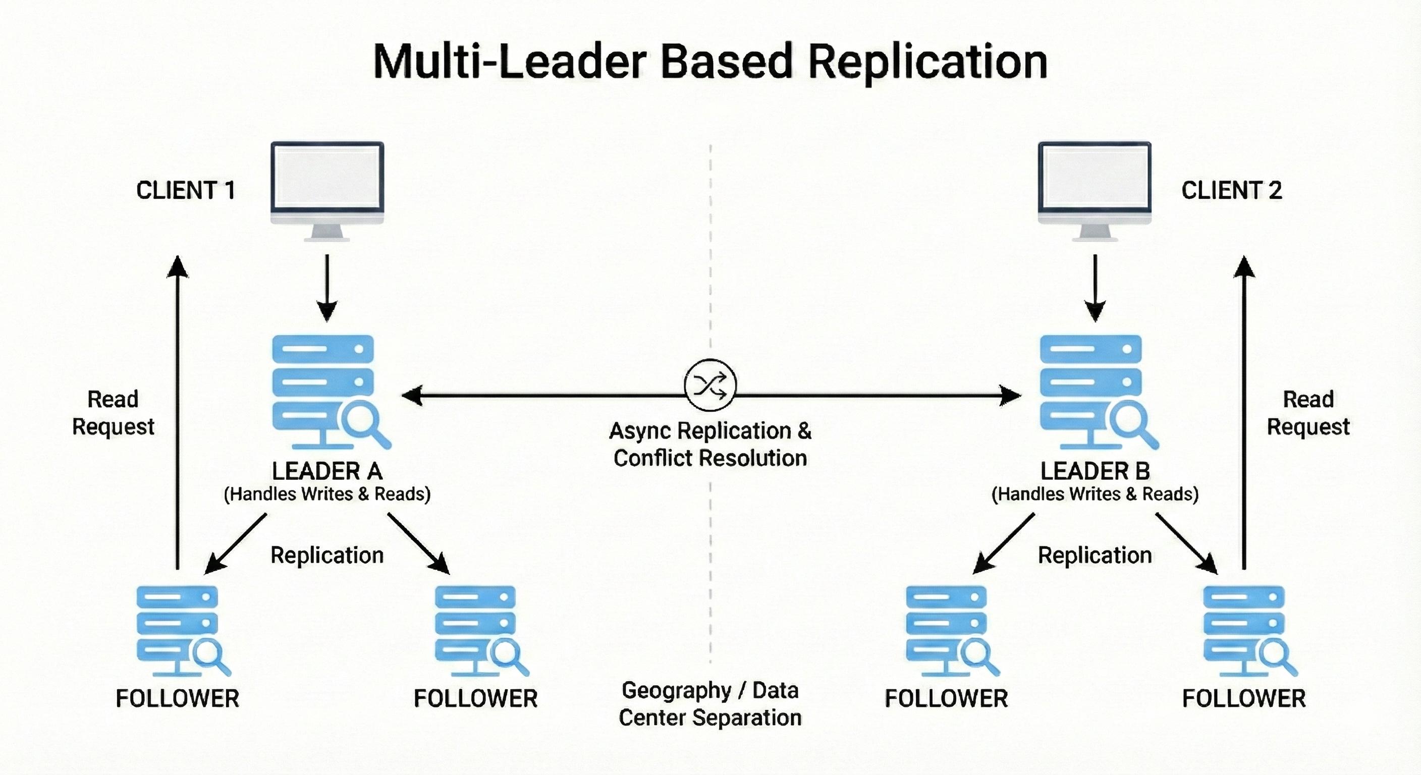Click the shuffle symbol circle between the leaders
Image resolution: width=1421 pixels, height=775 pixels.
click(x=710, y=385)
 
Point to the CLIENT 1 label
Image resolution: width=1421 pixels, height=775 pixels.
click(x=186, y=190)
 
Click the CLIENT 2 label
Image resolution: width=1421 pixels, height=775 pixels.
click(x=1231, y=190)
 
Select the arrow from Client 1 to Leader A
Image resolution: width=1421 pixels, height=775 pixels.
click(x=327, y=287)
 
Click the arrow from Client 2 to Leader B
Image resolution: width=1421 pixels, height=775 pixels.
click(x=1095, y=287)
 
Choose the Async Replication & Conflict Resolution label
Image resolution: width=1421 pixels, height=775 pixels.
click(x=710, y=444)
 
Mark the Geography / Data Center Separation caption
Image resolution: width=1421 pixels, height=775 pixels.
click(x=710, y=704)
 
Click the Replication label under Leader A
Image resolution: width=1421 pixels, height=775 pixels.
click(x=327, y=555)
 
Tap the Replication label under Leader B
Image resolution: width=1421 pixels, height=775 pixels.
click(x=1095, y=555)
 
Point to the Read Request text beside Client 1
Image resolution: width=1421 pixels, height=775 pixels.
click(x=113, y=413)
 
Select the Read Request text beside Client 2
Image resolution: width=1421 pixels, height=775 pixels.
click(x=1308, y=413)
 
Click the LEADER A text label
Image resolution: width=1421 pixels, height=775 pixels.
click(x=327, y=471)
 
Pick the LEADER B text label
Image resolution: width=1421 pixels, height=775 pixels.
click(x=1095, y=471)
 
